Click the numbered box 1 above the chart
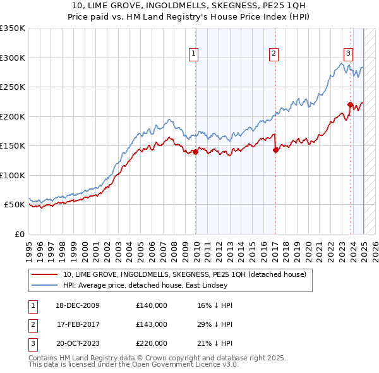click(193, 54)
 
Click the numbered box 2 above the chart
click(274, 54)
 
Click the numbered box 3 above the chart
click(348, 54)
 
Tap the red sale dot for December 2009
click(196, 151)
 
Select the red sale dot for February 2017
click(275, 150)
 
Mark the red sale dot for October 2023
click(350, 104)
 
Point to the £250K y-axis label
click(12, 87)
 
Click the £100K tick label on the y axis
click(12, 175)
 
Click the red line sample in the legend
click(44, 274)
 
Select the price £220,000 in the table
click(152, 343)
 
